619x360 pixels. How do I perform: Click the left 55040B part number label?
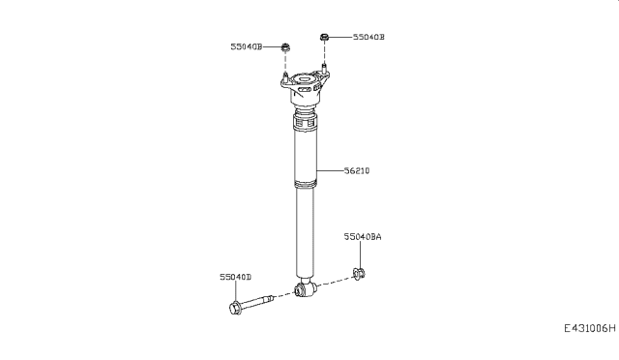tap(247, 46)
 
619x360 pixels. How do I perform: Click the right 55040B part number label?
tap(368, 38)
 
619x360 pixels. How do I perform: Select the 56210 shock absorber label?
tap(356, 171)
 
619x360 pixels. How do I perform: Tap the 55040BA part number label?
tap(363, 236)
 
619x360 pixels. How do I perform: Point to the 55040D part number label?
tap(234, 277)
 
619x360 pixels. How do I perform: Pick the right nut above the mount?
tap(324, 38)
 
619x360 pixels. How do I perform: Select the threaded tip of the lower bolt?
tap(271, 299)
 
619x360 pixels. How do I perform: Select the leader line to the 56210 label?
tap(329, 171)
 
